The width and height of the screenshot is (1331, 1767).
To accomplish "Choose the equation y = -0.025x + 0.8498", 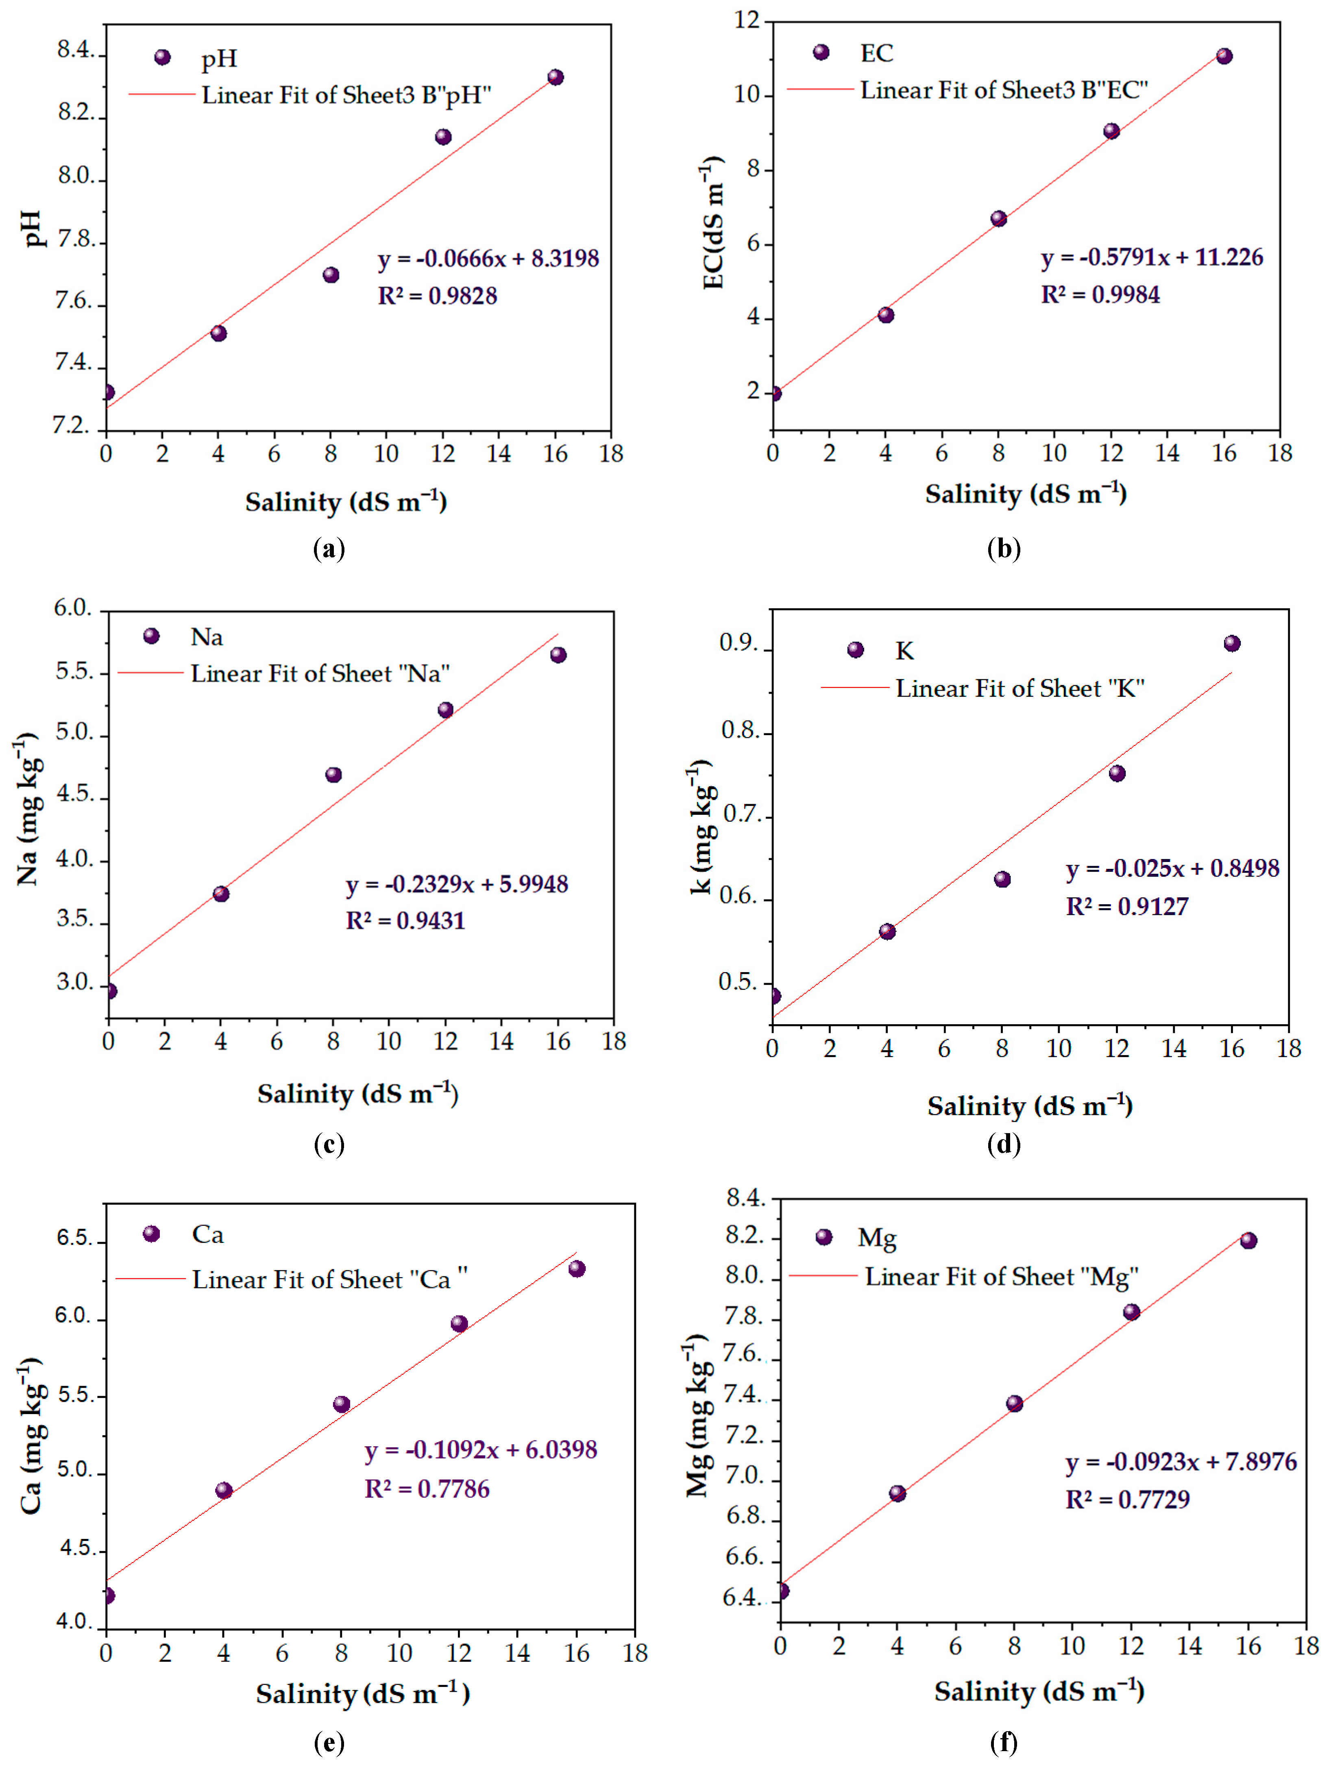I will click(x=1172, y=868).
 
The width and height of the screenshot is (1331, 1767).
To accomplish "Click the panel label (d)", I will click(x=1004, y=1144).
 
